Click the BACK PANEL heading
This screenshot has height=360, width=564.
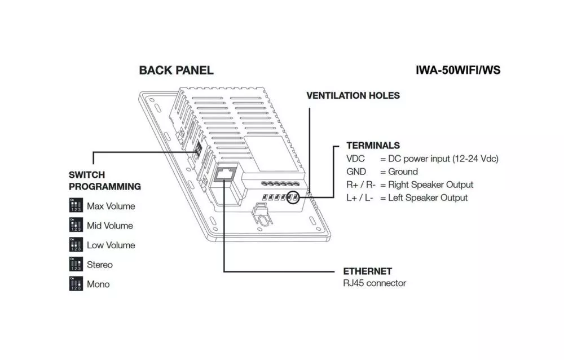(176, 70)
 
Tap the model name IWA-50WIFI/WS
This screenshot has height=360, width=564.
(458, 70)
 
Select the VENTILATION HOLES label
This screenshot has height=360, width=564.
(353, 95)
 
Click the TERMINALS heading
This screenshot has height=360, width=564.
(373, 146)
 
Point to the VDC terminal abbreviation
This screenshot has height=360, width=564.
(355, 159)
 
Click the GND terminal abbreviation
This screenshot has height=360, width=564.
(356, 172)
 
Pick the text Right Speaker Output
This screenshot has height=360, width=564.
(430, 185)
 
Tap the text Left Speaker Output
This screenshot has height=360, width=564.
(428, 198)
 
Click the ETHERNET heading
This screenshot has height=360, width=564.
(367, 271)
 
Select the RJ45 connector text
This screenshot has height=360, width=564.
(374, 283)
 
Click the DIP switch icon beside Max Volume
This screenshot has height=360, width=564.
(76, 205)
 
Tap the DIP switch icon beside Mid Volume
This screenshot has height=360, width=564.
(76, 225)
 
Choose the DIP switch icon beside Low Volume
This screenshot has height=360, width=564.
(76, 244)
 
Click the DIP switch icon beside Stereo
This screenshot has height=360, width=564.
(76, 264)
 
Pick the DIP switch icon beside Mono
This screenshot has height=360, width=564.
(76, 283)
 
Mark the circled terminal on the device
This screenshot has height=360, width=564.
(293, 197)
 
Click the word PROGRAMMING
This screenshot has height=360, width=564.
(105, 186)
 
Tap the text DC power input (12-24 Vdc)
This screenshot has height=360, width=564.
(443, 159)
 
